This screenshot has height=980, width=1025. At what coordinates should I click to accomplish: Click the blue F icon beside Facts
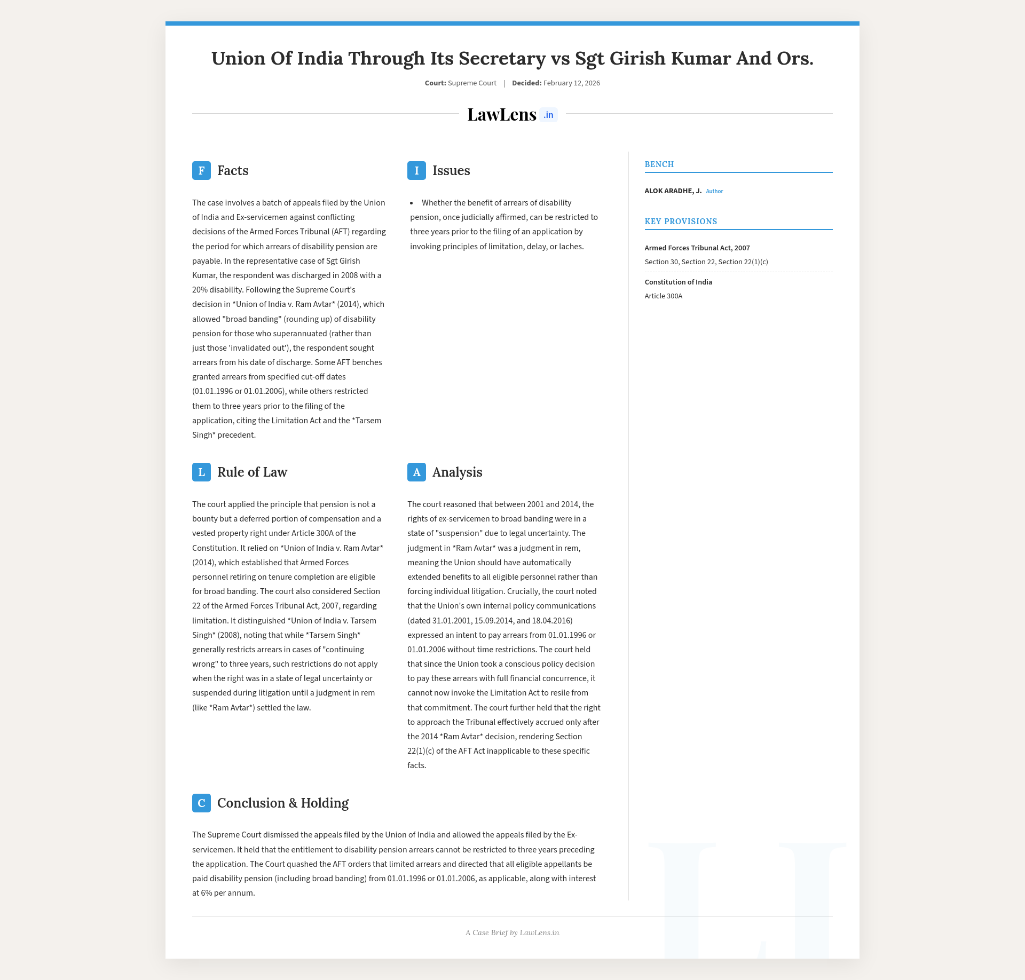201,171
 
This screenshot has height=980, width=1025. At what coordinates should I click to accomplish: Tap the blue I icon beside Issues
416,171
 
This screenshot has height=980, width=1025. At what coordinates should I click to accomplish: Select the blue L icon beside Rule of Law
201,472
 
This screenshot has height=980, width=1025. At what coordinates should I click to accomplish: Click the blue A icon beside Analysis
416,472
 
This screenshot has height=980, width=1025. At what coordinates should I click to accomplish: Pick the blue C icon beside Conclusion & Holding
201,803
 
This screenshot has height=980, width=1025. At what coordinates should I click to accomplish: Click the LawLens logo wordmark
501,115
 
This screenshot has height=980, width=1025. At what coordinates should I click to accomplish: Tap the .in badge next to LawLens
548,115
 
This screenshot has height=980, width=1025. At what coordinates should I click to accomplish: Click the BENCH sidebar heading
659,164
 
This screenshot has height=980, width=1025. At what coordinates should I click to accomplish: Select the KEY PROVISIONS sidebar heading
681,222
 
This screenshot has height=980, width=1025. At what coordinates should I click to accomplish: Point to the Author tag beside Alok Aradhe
714,191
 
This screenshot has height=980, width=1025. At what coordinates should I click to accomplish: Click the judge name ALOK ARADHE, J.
673,191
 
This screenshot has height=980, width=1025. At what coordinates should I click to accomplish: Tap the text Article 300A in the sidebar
663,296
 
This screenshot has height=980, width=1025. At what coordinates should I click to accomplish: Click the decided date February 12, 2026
571,83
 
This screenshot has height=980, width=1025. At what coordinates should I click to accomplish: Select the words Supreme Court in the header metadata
472,83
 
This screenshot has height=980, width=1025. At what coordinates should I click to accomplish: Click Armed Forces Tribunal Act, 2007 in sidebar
697,248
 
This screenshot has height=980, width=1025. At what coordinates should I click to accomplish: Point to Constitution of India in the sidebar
678,282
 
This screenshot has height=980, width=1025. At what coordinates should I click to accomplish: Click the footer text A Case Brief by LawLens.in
512,932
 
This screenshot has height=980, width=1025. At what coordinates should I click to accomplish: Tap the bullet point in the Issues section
412,203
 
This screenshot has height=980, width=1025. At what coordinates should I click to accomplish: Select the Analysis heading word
457,472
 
